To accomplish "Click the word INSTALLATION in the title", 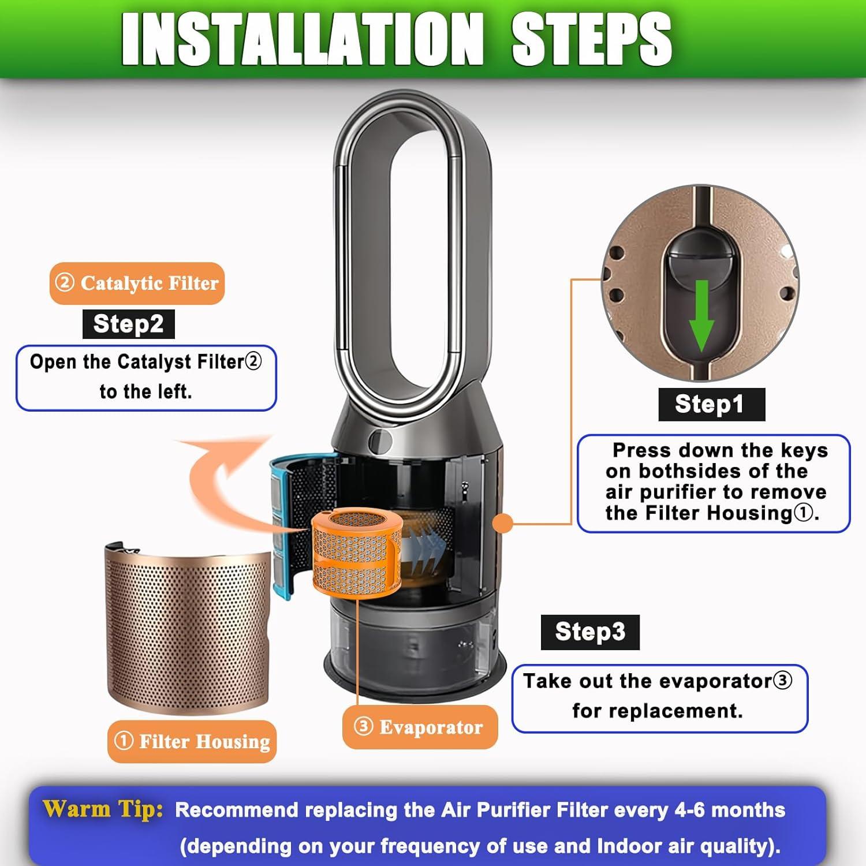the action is coord(302,39).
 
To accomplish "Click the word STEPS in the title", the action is coord(591,39).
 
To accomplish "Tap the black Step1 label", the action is coord(711,404).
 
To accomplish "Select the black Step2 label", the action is coord(128,324).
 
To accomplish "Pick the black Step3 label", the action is coord(590,632).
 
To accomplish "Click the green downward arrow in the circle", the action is coord(702,315).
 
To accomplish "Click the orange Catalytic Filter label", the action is coord(137,283).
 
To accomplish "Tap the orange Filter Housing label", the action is coord(192,741).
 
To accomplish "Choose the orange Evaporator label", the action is coord(420,727).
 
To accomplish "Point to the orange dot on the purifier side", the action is coord(503,524).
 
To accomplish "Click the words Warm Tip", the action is coord(103,809).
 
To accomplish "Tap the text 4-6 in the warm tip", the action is coord(690,810).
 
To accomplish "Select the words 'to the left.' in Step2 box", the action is coord(145,391).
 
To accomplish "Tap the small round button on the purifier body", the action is coord(379,441).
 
